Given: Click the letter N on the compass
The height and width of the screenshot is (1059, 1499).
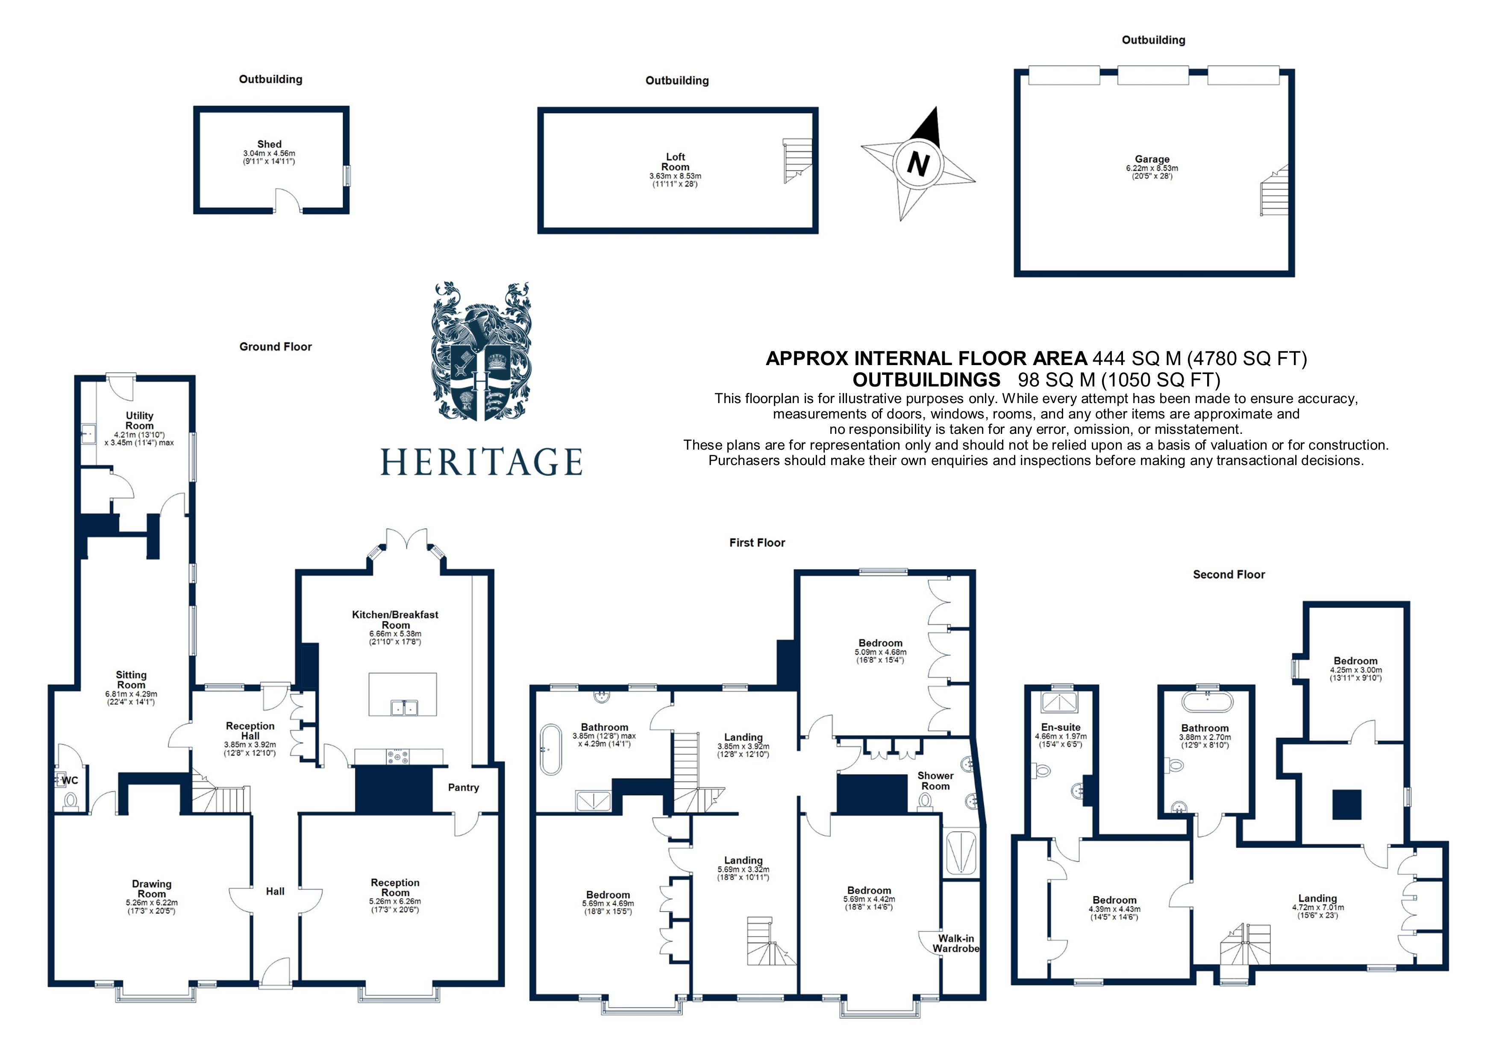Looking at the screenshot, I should point(917,164).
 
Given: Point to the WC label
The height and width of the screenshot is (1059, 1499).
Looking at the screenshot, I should point(70,781).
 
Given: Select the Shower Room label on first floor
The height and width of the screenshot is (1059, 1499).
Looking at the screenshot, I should point(935,781).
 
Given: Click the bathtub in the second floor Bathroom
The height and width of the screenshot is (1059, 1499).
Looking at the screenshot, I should point(1207,703).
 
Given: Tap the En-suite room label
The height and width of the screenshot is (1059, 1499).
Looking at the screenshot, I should point(1060,727).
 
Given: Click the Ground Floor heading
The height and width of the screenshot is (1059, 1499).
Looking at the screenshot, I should point(276,346).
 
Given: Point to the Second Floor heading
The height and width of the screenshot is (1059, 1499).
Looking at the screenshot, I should point(1228,574).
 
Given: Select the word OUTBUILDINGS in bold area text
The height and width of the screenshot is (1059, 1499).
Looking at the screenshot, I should point(926,380).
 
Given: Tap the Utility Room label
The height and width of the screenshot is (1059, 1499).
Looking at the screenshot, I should point(139,420).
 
